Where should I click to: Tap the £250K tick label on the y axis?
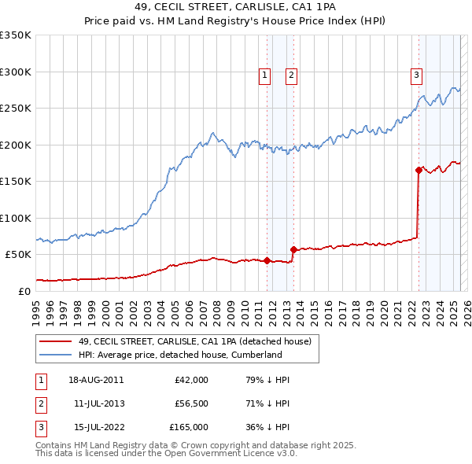(15, 109)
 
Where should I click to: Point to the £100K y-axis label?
(15, 218)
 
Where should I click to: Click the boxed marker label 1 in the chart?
(264, 75)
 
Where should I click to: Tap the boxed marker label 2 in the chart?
(291, 75)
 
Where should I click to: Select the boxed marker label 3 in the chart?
(415, 75)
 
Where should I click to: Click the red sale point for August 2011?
(267, 260)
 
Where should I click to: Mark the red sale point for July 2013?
(293, 250)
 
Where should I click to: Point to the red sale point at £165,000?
(419, 170)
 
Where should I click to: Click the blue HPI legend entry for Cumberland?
(180, 355)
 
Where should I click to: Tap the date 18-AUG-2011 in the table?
(96, 380)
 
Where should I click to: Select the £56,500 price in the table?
(191, 403)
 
